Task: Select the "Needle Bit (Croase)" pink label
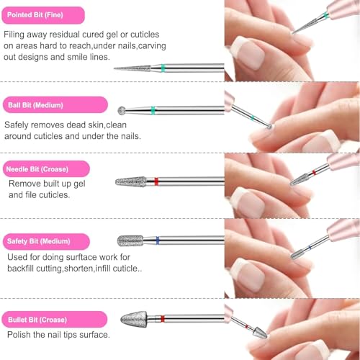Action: click(43, 169)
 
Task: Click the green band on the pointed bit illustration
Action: click(163, 68)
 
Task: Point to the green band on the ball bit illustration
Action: click(153, 110)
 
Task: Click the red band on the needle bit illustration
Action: click(160, 181)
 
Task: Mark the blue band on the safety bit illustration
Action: click(156, 240)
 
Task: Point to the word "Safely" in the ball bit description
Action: click(21, 124)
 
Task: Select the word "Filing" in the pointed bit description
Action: click(20, 34)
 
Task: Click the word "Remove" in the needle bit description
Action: click(26, 184)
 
